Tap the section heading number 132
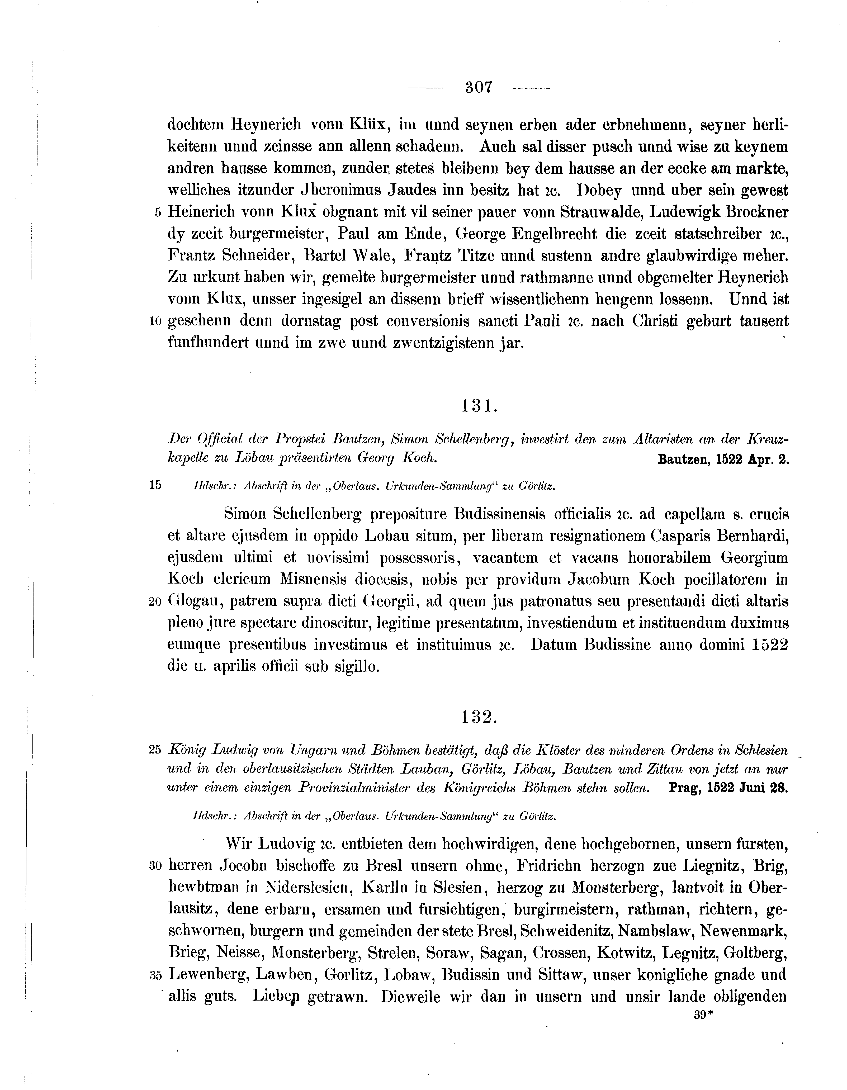479,717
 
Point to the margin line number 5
158,213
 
